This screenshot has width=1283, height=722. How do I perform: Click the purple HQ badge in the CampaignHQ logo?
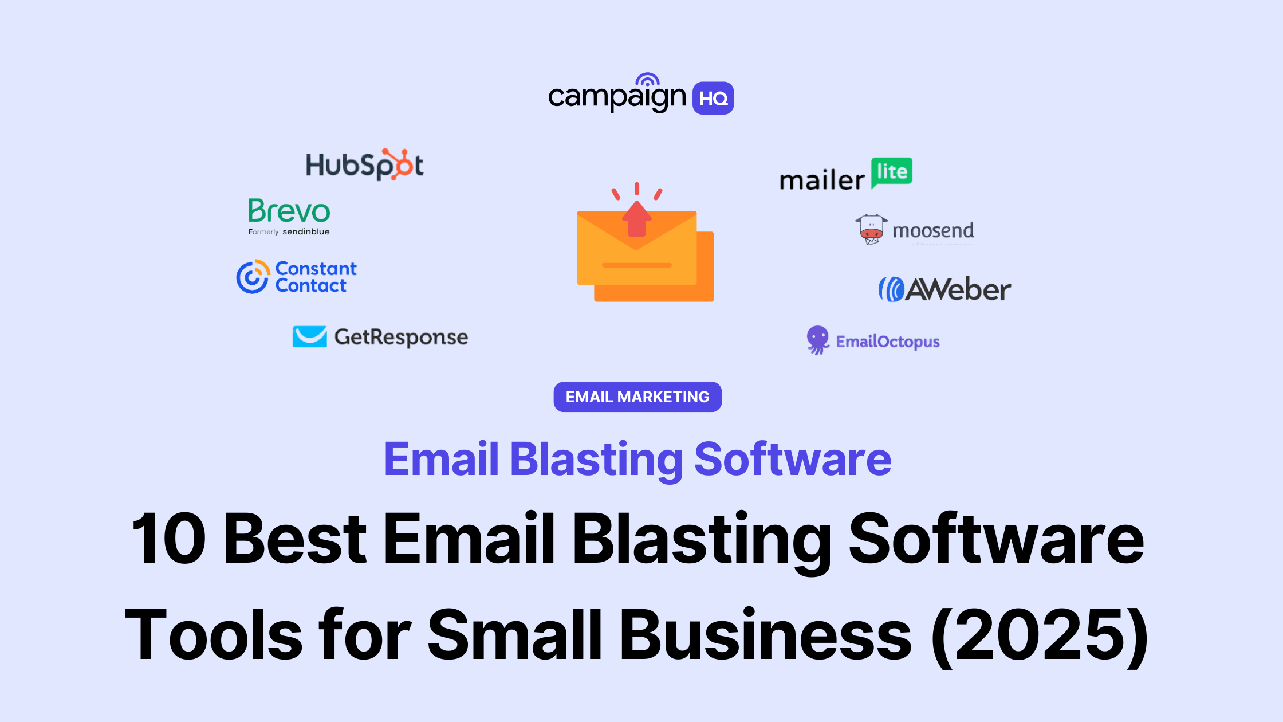713,98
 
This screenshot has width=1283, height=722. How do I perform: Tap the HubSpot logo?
364,165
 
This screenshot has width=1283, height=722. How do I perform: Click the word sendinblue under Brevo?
306,232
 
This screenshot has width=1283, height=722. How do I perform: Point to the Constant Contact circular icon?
253,277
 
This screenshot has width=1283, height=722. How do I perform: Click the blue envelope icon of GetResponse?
309,337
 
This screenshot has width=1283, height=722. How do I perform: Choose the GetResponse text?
401,338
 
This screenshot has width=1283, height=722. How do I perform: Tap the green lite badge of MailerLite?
892,172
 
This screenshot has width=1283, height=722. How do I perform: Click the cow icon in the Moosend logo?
871,229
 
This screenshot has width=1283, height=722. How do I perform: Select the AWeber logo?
944,289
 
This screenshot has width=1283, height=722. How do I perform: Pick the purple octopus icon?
818,340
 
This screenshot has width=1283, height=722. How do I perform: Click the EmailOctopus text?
888,342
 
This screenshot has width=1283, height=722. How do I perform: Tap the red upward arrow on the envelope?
637,219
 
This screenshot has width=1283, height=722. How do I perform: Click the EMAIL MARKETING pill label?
637,397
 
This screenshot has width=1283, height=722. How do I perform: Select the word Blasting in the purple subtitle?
596,460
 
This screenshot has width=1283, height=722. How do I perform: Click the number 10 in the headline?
168,539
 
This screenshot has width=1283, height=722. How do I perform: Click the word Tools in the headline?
214,635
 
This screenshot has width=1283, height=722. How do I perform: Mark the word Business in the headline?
766,635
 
